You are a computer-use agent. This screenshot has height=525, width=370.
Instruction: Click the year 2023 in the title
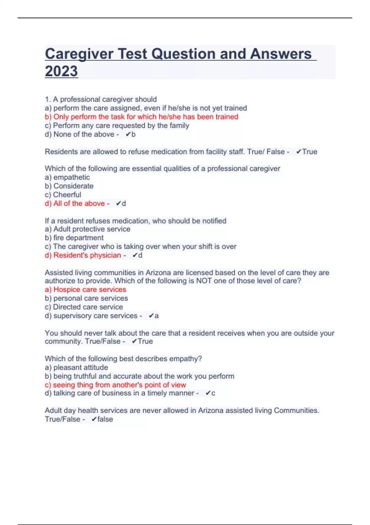click(x=61, y=71)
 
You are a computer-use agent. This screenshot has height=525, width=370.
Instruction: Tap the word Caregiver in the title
click(x=79, y=54)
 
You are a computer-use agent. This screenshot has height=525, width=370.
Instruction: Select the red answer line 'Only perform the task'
click(x=142, y=117)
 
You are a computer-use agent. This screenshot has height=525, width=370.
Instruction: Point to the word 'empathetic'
click(x=72, y=177)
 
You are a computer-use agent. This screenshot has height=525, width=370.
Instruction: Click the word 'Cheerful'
click(x=67, y=195)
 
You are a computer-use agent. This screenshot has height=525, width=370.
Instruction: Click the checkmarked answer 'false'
click(x=105, y=419)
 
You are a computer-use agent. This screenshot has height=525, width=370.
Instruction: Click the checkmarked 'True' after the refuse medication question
click(x=310, y=152)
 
